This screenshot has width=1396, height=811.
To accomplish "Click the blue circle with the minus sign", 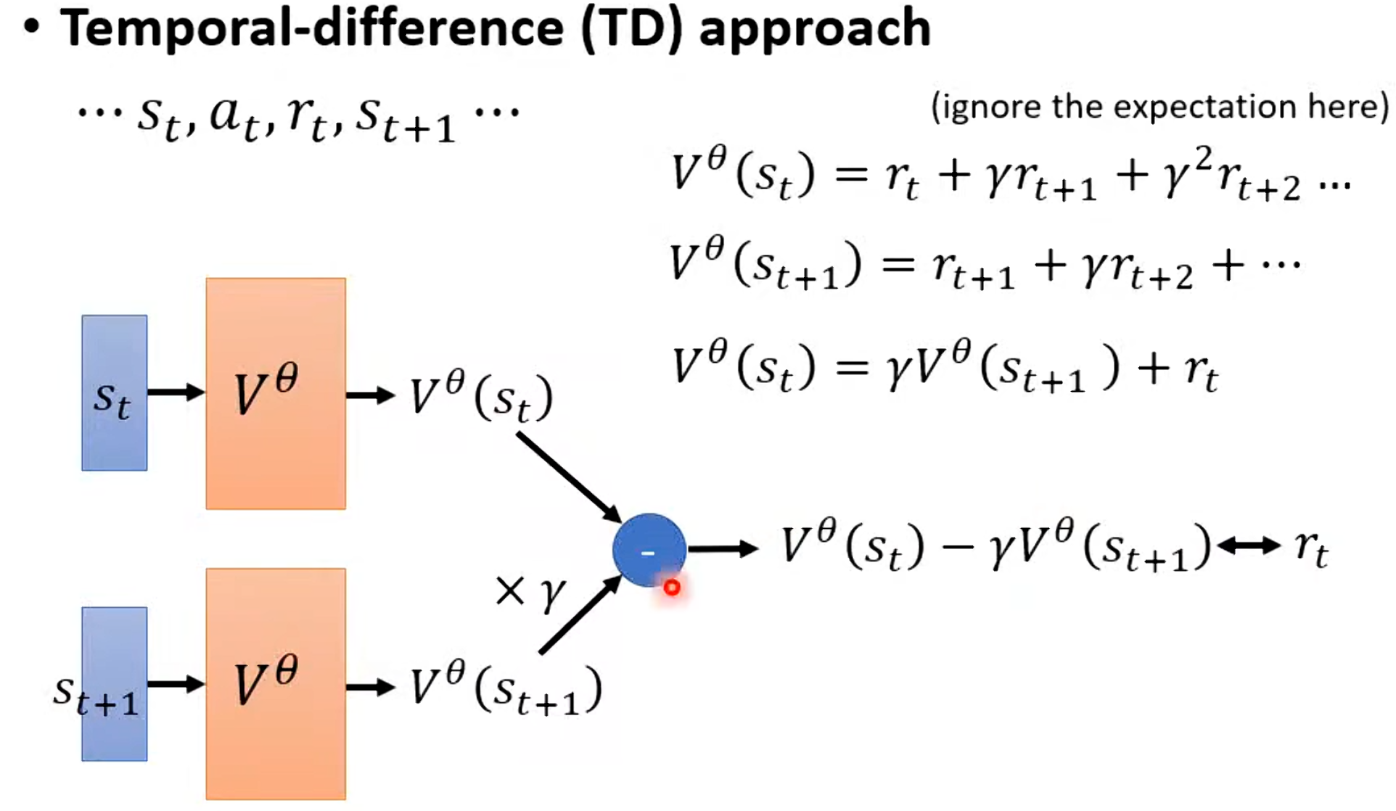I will [x=648, y=549].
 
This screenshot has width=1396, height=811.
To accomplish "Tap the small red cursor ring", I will [x=672, y=588].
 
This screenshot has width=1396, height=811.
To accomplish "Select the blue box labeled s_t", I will [x=114, y=392].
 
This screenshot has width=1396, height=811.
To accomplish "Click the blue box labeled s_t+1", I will [x=114, y=684].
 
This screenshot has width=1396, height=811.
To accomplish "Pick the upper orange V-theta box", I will [x=275, y=393].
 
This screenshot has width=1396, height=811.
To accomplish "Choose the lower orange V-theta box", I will [x=275, y=684].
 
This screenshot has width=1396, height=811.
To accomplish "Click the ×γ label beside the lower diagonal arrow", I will [x=530, y=591].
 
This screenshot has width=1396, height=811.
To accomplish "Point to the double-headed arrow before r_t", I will [x=1249, y=546].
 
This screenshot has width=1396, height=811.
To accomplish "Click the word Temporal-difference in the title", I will [x=312, y=28].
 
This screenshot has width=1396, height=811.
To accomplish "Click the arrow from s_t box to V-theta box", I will [x=176, y=392].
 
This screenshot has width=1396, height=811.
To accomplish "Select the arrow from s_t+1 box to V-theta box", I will [x=176, y=684].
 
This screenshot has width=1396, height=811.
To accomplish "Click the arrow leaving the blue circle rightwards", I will [x=722, y=549].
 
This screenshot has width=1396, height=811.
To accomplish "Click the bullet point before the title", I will [x=31, y=28].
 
